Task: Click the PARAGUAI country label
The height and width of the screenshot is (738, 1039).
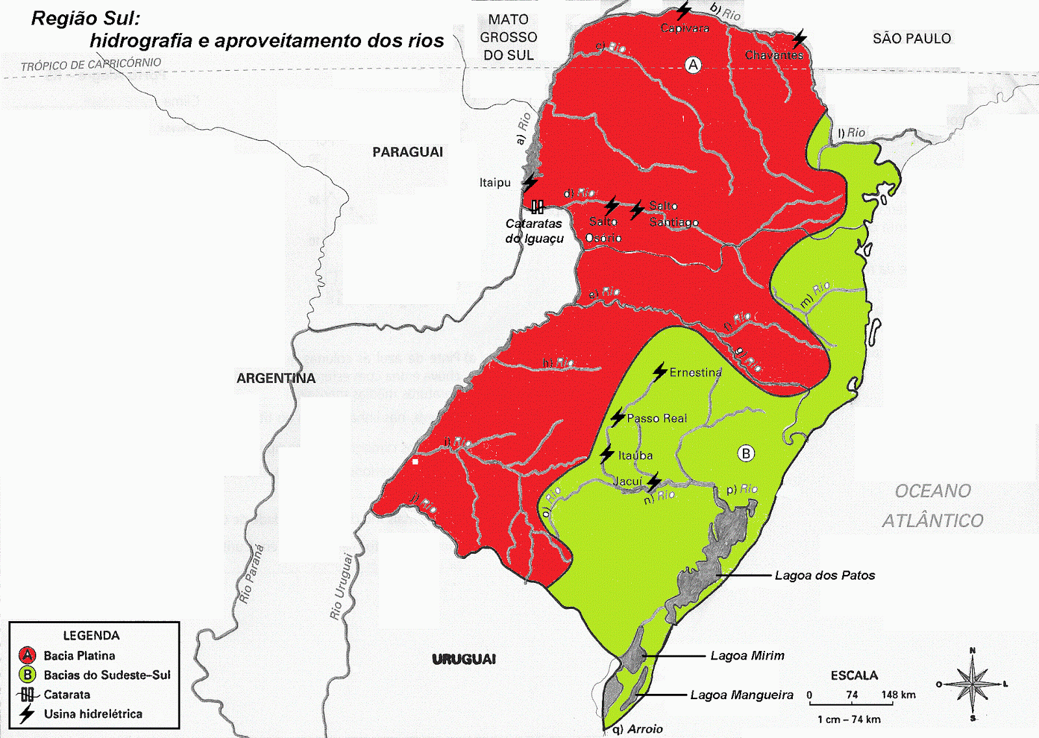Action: (x=407, y=152)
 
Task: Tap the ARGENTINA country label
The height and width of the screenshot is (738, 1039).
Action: (x=275, y=378)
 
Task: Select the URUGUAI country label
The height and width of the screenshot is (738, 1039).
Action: (x=464, y=659)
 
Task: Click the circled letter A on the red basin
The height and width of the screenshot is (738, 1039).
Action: (x=694, y=65)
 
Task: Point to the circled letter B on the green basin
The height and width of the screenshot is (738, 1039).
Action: (x=746, y=454)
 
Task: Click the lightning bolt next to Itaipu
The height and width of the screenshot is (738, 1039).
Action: (x=531, y=182)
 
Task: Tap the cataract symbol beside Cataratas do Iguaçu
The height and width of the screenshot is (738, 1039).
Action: (x=537, y=207)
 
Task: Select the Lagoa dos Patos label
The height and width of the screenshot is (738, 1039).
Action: (x=825, y=576)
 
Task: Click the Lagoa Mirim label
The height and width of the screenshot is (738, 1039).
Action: (x=747, y=656)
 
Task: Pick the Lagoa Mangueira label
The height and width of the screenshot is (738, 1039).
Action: (x=742, y=695)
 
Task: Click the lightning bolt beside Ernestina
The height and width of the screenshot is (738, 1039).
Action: (x=660, y=372)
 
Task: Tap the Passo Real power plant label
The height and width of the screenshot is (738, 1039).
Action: (x=657, y=419)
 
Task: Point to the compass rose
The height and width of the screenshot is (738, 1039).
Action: (x=973, y=684)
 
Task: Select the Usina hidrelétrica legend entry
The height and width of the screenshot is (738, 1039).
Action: (x=93, y=714)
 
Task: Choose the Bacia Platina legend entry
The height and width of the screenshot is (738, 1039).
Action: (x=79, y=656)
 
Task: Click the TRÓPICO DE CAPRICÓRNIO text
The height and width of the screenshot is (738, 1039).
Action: (x=91, y=64)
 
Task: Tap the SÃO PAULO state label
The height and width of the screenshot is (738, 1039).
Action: (x=911, y=39)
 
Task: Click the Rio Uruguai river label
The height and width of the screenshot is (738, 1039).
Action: (x=341, y=587)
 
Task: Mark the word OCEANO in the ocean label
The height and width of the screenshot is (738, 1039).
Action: (x=933, y=491)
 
